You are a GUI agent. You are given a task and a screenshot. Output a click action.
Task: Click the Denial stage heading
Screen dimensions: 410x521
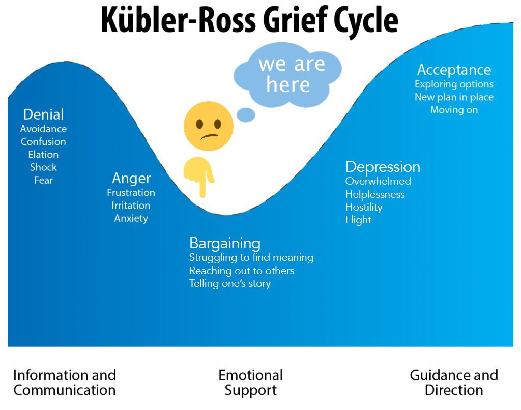(44, 114)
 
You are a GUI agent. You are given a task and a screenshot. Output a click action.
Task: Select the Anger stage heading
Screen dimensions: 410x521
(131, 179)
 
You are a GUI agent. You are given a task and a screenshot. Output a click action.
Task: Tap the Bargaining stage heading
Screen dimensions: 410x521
(224, 243)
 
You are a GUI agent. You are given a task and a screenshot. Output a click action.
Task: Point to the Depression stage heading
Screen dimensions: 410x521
(383, 167)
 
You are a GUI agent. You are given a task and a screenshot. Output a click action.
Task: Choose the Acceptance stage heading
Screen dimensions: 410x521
(454, 70)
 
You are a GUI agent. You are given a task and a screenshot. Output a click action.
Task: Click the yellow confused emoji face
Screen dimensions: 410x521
(208, 127)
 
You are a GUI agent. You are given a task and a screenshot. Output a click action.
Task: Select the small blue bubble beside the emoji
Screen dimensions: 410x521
(246, 115)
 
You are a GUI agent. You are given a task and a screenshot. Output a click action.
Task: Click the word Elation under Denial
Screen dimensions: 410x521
(43, 155)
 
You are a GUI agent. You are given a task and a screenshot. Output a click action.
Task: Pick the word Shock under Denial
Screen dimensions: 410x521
(43, 167)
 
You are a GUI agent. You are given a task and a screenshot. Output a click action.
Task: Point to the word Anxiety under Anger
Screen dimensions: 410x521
(131, 219)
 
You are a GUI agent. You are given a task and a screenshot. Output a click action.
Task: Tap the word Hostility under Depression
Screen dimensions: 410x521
(364, 208)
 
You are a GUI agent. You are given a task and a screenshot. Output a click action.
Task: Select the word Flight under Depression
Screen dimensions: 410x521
(358, 220)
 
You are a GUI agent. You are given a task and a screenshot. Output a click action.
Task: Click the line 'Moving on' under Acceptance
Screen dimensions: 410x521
(454, 110)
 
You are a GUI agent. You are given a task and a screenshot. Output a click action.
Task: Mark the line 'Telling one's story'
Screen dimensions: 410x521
(229, 284)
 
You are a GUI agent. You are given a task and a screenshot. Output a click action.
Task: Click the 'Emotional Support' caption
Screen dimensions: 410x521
(250, 383)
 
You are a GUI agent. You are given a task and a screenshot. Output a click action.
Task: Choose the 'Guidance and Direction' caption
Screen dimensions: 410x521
(454, 383)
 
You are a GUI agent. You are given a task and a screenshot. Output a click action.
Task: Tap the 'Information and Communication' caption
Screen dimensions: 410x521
(65, 383)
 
